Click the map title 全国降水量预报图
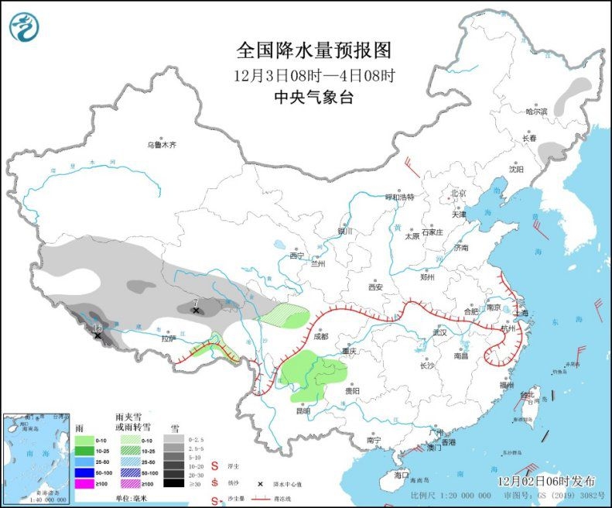[313, 51]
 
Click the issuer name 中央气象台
[313, 97]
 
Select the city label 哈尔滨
[536, 112]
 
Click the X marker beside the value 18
[97, 335]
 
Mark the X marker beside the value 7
[197, 311]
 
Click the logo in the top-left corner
[23, 27]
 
